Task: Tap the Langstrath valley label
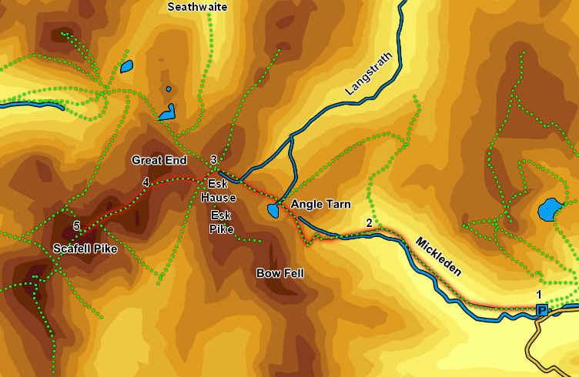(x=363, y=78)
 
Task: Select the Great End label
(x=159, y=161)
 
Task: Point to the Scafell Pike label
(x=85, y=249)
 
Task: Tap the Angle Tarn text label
(x=320, y=205)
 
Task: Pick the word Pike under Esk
(x=222, y=228)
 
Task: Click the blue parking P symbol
(x=542, y=310)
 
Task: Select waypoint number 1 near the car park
(x=539, y=295)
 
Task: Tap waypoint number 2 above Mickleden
(x=370, y=223)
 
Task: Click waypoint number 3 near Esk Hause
(x=213, y=159)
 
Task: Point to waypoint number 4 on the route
(x=146, y=182)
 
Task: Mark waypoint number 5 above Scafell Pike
(x=76, y=225)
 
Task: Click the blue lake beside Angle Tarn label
(x=273, y=210)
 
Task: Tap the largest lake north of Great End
(x=167, y=113)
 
